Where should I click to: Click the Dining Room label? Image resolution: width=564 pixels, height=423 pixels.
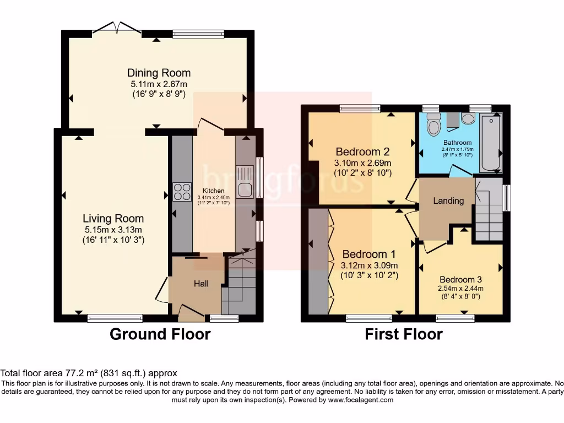tap(159, 73)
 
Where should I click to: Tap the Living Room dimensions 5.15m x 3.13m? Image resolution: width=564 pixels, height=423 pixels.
tap(113, 230)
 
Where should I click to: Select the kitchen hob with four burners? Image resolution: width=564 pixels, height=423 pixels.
tap(182, 192)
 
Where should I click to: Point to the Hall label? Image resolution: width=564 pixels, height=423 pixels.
tap(201, 284)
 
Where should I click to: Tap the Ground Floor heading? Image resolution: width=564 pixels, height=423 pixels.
tap(160, 334)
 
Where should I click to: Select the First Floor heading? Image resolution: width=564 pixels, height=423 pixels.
tap(404, 334)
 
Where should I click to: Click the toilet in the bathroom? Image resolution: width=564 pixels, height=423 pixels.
tap(434, 125)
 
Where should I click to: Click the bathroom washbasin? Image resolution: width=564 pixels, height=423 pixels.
tap(469, 119)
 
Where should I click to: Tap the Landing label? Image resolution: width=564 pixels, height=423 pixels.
tap(448, 200)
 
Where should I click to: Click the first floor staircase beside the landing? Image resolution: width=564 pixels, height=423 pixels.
tap(488, 215)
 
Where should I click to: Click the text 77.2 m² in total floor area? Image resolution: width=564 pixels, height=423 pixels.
tap(73, 373)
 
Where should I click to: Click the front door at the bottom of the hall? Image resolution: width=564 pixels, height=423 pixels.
tap(191, 314)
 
